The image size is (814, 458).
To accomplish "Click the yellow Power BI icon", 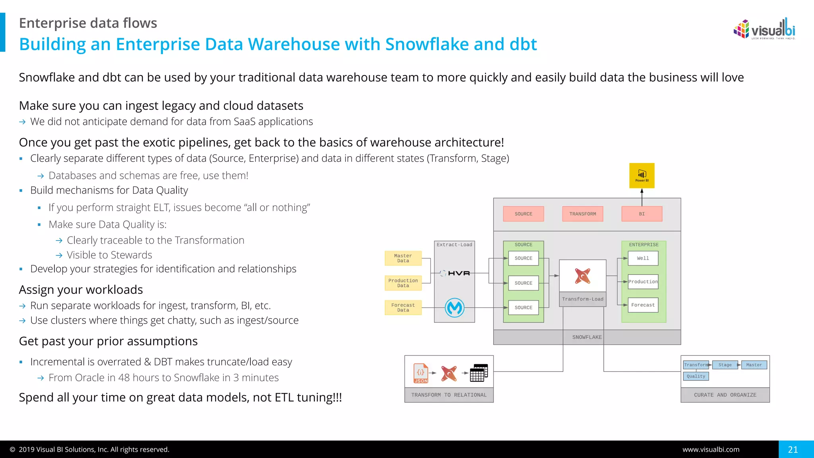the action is tap(642, 175).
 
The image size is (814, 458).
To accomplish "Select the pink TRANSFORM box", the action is tap(582, 214).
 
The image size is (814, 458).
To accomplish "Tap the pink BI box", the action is tap(642, 214).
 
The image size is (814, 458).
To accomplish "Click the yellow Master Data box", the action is tap(403, 258).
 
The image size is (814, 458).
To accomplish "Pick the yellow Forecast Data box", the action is tap(403, 308).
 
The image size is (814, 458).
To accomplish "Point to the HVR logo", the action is tap(459, 273).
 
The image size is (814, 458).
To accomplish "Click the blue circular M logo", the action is tap(455, 308).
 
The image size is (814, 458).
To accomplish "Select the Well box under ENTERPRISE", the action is tap(643, 258).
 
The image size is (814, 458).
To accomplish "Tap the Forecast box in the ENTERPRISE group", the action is tap(643, 305).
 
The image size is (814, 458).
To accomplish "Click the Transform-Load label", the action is tap(582, 299).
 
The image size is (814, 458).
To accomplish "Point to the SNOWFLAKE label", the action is tap(587, 337).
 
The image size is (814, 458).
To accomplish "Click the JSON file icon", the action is tap(421, 373).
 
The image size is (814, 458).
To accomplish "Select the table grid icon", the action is tap(479, 373).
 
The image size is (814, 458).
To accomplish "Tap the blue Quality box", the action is tap(696, 376).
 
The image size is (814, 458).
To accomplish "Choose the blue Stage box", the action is tap(725, 365).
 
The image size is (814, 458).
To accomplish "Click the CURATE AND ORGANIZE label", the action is tap(725, 395).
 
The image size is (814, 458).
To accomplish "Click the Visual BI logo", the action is tap(764, 29).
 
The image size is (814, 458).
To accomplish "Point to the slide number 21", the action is tap(793, 450).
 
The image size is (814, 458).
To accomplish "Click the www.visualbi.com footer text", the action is tap(711, 450).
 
